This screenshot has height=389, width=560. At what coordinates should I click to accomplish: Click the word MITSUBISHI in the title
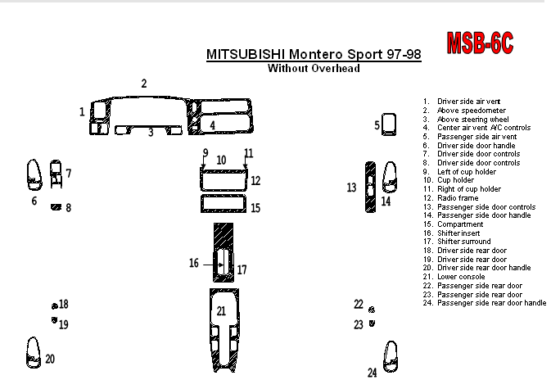coord(242,55)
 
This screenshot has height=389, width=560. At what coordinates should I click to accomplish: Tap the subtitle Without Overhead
coord(314,69)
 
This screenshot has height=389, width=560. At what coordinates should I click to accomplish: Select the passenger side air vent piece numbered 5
coord(390,124)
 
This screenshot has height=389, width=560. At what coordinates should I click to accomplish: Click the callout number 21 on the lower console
coord(221,310)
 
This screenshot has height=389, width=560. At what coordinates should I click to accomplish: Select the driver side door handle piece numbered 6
coord(34,173)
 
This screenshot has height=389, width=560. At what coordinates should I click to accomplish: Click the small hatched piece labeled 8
coord(56,207)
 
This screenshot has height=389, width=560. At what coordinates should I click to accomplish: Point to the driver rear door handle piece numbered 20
coord(34,352)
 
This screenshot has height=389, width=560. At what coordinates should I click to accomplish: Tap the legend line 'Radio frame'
coord(458,198)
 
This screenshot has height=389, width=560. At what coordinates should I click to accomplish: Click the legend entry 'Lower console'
coord(461,277)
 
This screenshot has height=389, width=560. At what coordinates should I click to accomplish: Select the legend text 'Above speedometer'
coord(471,111)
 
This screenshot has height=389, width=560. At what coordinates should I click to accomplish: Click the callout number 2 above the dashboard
coord(144,84)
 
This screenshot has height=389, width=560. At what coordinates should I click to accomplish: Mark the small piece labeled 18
coord(54,305)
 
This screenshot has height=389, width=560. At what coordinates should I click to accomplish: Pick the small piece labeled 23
coord(373,324)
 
